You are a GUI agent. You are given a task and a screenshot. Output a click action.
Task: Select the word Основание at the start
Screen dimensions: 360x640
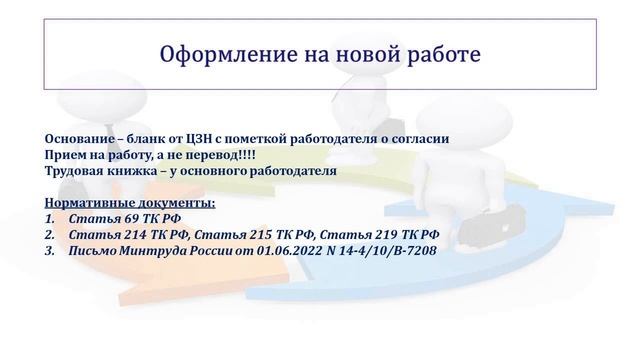[78, 139]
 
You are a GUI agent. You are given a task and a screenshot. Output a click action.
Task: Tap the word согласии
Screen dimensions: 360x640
[415, 139]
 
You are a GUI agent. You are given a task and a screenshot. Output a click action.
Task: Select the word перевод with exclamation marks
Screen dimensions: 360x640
[211, 155]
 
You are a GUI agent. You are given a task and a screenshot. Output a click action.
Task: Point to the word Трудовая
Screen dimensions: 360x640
[76, 171]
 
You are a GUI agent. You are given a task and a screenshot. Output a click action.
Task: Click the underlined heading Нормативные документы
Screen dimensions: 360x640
[129, 203]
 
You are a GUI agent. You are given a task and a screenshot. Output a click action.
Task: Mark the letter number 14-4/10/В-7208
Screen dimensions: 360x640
[389, 251]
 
